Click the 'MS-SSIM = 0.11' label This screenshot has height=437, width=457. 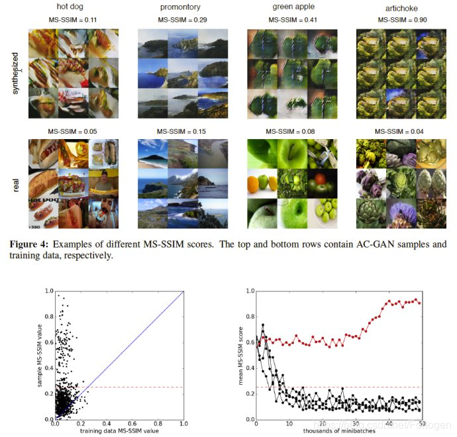tap(73, 21)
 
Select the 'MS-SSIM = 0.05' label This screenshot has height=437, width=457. tap(73, 131)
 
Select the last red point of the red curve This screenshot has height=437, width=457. tap(419, 303)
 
